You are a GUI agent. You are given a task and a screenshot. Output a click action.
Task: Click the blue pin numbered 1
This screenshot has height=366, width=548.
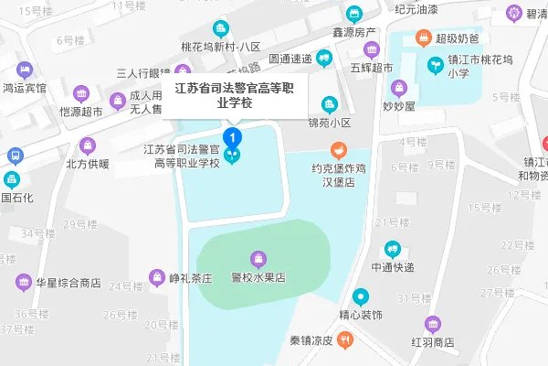(234, 137)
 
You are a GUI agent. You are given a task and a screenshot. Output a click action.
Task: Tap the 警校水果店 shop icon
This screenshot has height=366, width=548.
(259, 258)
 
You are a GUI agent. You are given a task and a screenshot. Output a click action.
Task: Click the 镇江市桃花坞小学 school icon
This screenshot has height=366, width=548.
(434, 66)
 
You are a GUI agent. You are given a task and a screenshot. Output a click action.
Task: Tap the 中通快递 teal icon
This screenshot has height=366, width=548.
(392, 248)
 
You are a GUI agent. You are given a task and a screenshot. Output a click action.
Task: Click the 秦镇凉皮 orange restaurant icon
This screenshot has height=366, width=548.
(343, 339)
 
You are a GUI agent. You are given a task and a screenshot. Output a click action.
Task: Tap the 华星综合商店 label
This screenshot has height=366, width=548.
(68, 284)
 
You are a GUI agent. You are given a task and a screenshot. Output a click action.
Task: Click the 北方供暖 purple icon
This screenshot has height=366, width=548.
(87, 145)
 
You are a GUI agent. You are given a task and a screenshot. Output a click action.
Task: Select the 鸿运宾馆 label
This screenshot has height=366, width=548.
(25, 88)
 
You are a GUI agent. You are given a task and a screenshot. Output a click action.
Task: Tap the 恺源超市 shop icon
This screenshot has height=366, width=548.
(80, 92)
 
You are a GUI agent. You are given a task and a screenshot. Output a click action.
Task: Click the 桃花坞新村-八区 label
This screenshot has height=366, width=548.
(220, 46)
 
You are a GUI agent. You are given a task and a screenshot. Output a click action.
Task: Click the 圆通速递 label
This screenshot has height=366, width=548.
(291, 59)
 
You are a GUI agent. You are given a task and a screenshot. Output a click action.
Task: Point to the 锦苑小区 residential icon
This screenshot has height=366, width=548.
(329, 103)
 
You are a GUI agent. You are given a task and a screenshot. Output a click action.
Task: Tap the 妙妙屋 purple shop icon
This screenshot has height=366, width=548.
(398, 88)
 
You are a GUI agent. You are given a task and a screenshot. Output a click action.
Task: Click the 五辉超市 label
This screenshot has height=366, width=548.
(371, 68)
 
